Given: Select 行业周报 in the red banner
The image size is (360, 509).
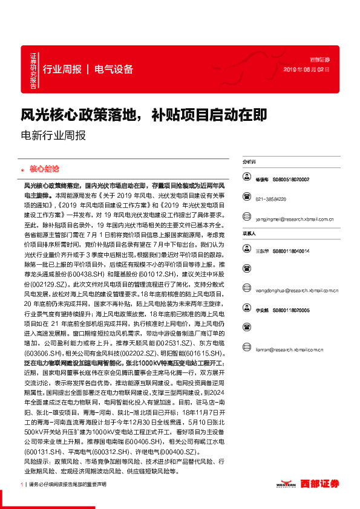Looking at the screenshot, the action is (x=62, y=69).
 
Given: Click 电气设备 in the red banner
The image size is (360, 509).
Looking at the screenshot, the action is (x=114, y=69).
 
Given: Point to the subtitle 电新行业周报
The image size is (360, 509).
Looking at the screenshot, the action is (x=53, y=135).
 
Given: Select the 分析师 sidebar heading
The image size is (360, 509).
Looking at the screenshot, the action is (x=249, y=163).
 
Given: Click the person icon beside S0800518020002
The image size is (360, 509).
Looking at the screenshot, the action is (x=247, y=179).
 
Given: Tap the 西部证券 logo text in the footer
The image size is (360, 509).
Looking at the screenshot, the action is (x=320, y=484).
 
